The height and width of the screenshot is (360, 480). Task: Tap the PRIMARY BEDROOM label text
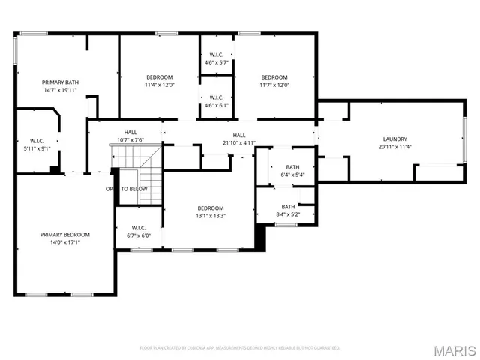pyautogui.click(x=60, y=235)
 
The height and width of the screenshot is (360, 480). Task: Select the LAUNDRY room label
pyautogui.click(x=394, y=139)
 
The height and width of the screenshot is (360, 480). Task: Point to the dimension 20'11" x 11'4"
pyautogui.click(x=394, y=148)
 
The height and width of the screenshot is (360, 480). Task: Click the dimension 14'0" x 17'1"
pyautogui.click(x=60, y=243)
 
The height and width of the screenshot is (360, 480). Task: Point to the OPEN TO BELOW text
pyautogui.click(x=126, y=189)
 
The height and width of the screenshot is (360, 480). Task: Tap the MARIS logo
pyautogui.click(x=454, y=350)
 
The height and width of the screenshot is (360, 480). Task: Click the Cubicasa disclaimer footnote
pyautogui.click(x=240, y=348)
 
